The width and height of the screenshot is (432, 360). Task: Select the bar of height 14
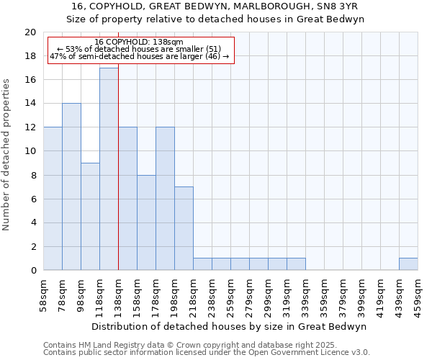point(71,187)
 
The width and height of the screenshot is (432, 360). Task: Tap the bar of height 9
point(90,217)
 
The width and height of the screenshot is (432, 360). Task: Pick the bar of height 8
point(146,222)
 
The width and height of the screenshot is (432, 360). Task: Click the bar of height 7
point(184,229)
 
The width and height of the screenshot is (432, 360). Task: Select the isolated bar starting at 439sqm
point(408,264)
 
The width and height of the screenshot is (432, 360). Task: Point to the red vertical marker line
point(118,166)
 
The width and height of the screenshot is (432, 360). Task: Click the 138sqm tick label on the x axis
point(119,294)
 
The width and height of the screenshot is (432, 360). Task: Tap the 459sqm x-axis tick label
point(418,294)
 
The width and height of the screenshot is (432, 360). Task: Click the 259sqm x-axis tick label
point(231,294)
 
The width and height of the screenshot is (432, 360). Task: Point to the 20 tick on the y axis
point(30,32)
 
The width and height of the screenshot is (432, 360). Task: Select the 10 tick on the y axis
point(30,152)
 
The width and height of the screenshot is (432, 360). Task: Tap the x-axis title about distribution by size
point(230,326)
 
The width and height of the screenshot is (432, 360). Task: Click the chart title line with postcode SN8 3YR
point(215,6)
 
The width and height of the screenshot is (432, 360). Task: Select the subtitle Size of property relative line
point(215,19)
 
